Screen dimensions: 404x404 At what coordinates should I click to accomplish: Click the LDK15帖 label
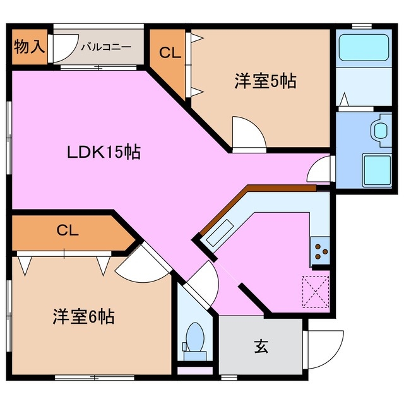pyautogui.click(x=104, y=152)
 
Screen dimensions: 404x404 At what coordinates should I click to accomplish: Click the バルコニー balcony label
pyautogui.click(x=106, y=47)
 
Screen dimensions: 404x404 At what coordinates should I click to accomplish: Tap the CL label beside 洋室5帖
pyautogui.click(x=169, y=54)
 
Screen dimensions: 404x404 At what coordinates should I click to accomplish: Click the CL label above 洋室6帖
pyautogui.click(x=67, y=230)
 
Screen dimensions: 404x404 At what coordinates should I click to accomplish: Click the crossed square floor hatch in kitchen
pyautogui.click(x=316, y=290)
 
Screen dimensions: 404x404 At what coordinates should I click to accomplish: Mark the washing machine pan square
pyautogui.click(x=377, y=169)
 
